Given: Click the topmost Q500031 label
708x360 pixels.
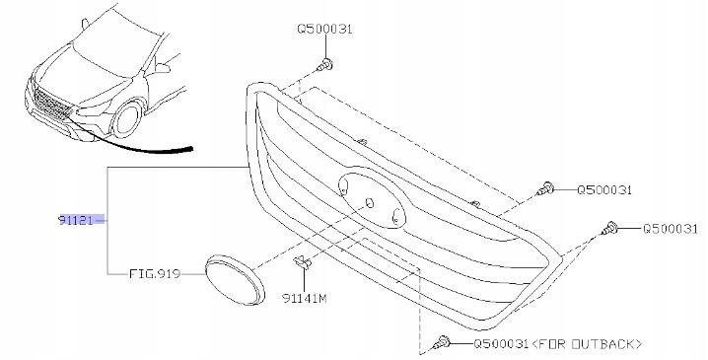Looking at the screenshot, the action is pyautogui.click(x=324, y=29).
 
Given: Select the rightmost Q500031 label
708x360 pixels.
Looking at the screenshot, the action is pyautogui.click(x=671, y=229).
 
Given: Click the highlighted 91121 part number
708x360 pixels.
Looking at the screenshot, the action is pyautogui.click(x=75, y=220).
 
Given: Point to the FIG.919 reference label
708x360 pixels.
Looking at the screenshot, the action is pyautogui.click(x=155, y=274).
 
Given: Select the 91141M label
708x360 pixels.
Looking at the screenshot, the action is pyautogui.click(x=304, y=298).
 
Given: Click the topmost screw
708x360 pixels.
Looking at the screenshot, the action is pyautogui.click(x=326, y=65).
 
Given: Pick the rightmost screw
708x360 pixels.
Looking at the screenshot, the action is pyautogui.click(x=608, y=229).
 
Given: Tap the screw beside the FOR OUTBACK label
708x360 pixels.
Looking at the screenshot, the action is pyautogui.click(x=441, y=343).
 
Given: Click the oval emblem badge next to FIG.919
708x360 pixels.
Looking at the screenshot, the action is pyautogui.click(x=235, y=279).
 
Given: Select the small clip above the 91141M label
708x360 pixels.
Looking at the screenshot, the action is pyautogui.click(x=302, y=262).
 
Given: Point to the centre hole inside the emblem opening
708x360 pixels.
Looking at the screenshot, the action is pyautogui.click(x=370, y=203).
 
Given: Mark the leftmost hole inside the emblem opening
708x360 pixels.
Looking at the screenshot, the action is pyautogui.click(x=344, y=186).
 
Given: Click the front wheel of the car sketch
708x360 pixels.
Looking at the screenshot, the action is pyautogui.click(x=127, y=119).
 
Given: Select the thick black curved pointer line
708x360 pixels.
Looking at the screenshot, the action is pyautogui.click(x=131, y=143).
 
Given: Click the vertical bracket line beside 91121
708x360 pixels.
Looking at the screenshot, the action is pyautogui.click(x=107, y=220).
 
